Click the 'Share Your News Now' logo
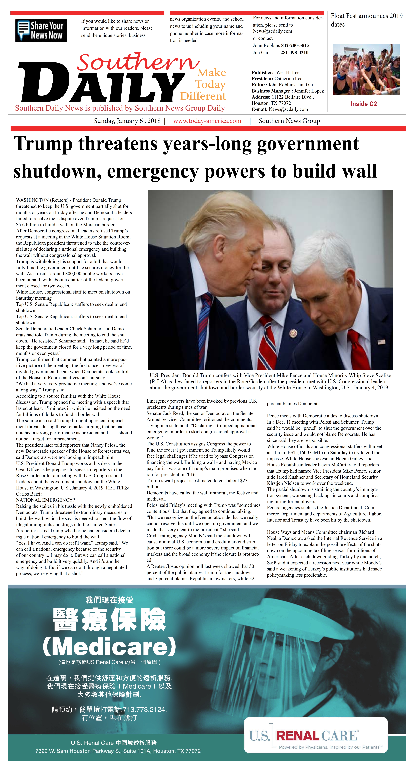41,30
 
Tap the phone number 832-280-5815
295,45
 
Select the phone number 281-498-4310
294,53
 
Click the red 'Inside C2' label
363,104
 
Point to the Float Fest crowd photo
366,70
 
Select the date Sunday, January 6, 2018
127,121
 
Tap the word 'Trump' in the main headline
43,144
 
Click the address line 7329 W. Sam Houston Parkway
118,751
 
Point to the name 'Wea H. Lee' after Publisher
288,73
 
